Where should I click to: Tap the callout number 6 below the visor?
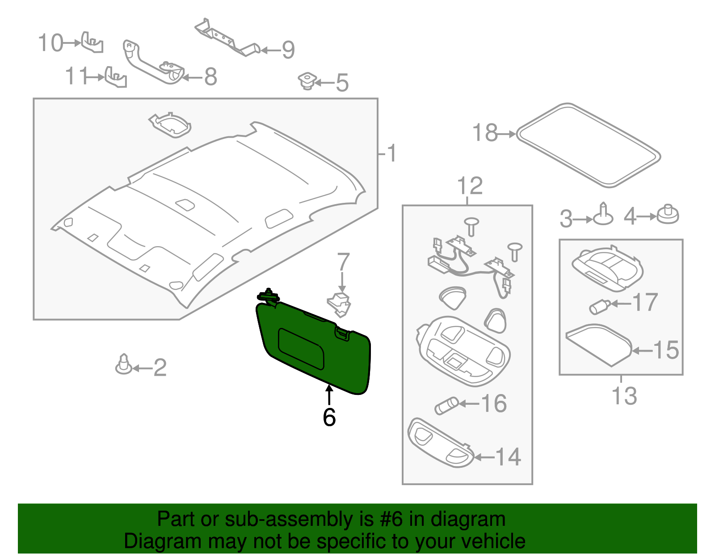(x=329, y=417)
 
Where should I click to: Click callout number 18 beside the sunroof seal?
(x=485, y=133)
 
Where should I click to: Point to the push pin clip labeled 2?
(x=124, y=365)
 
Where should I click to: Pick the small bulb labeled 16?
(x=446, y=406)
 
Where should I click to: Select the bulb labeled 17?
(x=600, y=306)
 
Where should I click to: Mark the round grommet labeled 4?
(x=668, y=214)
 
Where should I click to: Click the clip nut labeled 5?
(x=307, y=81)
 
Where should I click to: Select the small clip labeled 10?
(x=93, y=42)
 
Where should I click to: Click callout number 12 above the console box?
(x=470, y=186)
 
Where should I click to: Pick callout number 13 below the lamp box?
(x=624, y=396)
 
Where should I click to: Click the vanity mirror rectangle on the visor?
(x=301, y=348)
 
